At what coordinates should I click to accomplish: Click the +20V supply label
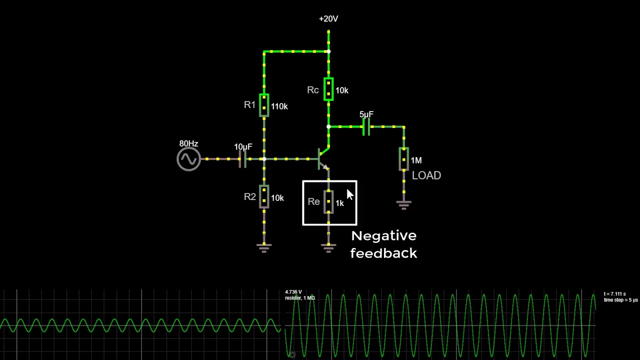pos(328,19)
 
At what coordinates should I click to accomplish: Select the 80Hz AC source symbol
pos(188,159)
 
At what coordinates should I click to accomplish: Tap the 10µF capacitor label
pos(243,147)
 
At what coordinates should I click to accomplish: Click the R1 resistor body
pos(264,105)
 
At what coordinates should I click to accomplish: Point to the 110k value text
pos(279,106)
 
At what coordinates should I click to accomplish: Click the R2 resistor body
pos(264,196)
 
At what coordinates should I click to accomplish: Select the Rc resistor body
pos(328,89)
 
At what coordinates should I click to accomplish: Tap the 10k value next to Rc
pos(342,90)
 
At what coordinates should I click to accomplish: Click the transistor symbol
pos(323,158)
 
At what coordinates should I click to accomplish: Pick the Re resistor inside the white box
pos(328,201)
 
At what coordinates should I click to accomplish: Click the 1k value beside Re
pos(340,203)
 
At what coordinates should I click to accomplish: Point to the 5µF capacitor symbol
pos(366,127)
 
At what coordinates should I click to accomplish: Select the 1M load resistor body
pos(404,159)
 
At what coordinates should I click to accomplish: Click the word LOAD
pos(426,175)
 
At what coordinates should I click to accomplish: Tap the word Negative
pos(383,235)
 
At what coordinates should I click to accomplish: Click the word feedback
pos(383,253)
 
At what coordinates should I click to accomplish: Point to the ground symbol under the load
pos(404,204)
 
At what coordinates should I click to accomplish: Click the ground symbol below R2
pos(264,247)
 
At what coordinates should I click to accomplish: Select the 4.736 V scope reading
pos(293,292)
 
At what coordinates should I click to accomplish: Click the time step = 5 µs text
pos(621,300)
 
